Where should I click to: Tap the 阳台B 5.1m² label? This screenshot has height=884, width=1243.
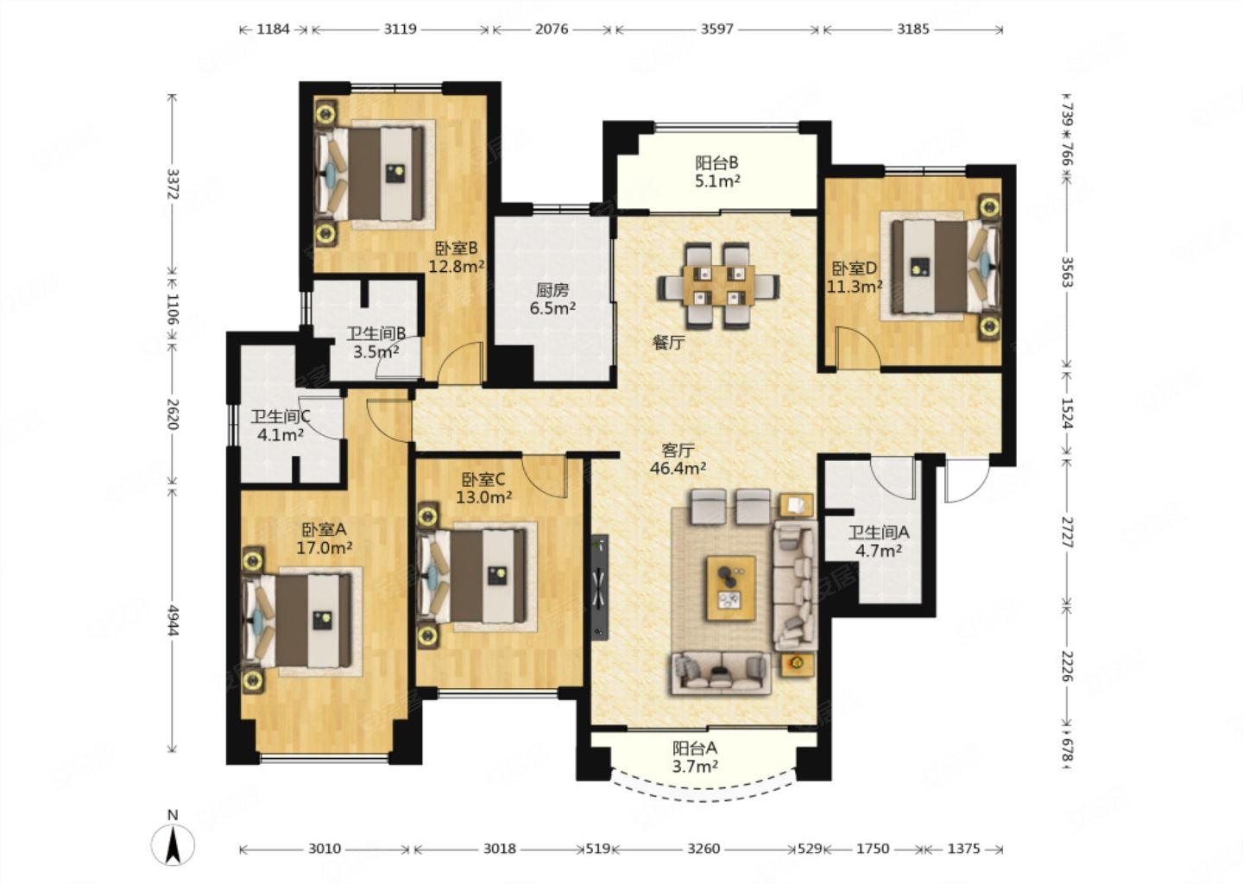click(x=717, y=172)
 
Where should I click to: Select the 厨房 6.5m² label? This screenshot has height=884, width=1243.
click(x=552, y=299)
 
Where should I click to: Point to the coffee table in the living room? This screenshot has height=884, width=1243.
click(x=731, y=588)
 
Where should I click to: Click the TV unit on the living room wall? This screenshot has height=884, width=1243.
click(x=599, y=588)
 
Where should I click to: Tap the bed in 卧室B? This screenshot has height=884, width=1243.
click(x=369, y=174)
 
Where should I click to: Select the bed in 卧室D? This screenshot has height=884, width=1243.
click(x=947, y=265)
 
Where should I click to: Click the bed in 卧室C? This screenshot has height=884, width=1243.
click(x=471, y=576)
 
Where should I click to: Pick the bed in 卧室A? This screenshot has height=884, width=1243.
click(x=297, y=621)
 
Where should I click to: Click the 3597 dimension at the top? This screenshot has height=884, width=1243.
click(x=717, y=28)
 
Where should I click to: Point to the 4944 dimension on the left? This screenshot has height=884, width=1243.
click(x=173, y=621)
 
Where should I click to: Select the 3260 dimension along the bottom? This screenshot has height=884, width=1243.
click(x=704, y=849)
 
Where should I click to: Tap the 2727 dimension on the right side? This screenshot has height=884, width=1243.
click(x=1067, y=532)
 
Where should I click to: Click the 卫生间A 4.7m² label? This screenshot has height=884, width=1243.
click(x=879, y=541)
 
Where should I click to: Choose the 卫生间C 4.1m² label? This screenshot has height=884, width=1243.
click(x=281, y=426)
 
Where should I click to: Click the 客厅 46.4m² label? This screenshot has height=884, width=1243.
click(x=678, y=459)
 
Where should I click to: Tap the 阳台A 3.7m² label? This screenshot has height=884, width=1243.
click(x=696, y=757)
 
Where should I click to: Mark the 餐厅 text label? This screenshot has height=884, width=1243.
click(x=668, y=343)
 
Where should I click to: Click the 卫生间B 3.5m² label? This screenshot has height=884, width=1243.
click(x=376, y=343)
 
